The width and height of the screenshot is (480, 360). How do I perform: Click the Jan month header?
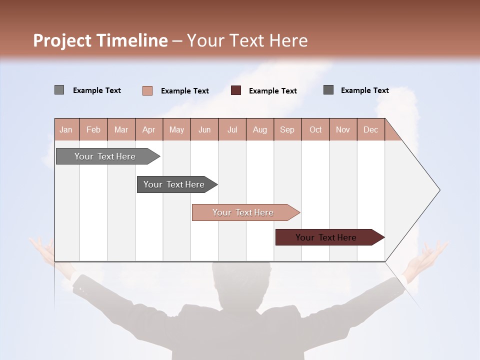pos(66,129)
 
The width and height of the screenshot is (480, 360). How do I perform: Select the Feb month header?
pos(93,129)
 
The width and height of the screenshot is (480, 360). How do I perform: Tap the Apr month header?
pos(148,129)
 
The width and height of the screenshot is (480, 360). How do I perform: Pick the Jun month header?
pos(204,129)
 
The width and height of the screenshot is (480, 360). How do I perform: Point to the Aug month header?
pos(259,129)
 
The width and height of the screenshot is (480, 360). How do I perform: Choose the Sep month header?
pos(287,129)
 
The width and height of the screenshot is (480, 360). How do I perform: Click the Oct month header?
pos(315,129)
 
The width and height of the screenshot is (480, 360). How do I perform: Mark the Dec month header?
pos(370,129)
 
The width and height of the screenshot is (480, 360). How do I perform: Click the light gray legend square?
pos(59,90)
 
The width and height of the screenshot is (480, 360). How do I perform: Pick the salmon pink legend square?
pos(147,90)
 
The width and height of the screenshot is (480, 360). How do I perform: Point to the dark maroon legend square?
pos(236,90)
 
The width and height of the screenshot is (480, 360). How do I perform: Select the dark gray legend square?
pos(328,90)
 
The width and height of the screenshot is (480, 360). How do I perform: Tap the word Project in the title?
pos(63,40)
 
